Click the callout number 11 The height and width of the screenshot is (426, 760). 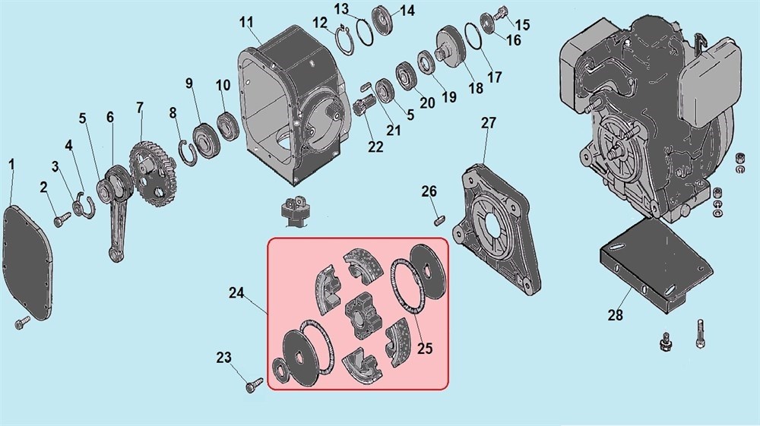coord(246,23)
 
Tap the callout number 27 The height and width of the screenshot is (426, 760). coord(489,123)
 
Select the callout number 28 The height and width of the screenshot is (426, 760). coord(616,315)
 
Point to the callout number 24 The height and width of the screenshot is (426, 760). coord(236,293)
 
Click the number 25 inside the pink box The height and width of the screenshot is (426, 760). coord(425,348)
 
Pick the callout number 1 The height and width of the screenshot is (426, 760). coord(11,165)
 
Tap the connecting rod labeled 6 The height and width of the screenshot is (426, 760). coord(115,209)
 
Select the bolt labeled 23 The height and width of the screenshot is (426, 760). coord(253,384)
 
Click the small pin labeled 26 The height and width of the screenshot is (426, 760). coord(439,220)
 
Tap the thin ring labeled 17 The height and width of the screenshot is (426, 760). coord(472,36)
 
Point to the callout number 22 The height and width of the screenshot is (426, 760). coord(375,147)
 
